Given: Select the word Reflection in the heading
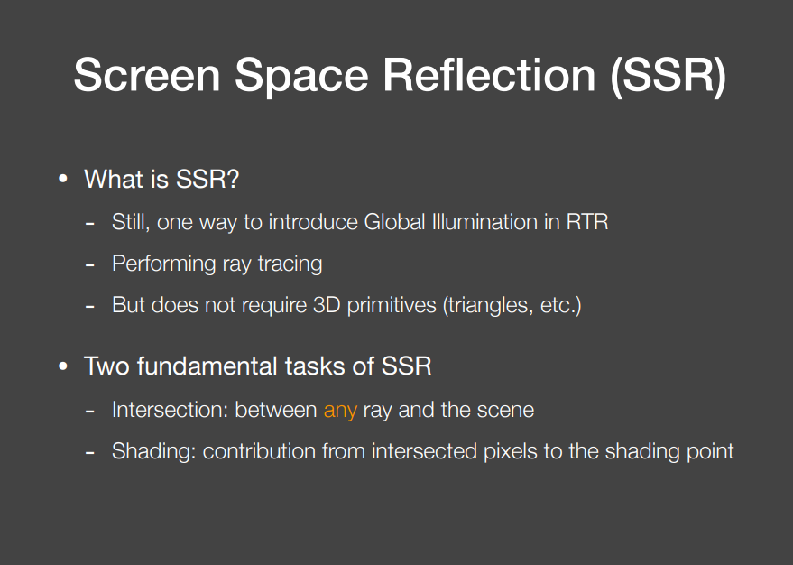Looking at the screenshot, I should [489, 75].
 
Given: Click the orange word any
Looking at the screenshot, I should [340, 411].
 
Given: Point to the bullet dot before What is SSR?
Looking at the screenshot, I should [63, 180].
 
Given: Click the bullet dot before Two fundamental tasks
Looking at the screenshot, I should [63, 366].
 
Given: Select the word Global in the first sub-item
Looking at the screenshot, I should [396, 222].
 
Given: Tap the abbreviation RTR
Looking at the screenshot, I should [586, 222].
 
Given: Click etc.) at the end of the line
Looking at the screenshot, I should [562, 305].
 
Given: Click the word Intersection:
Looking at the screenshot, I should [170, 411].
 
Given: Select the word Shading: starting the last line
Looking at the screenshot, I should [153, 451].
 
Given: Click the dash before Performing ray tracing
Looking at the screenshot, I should [90, 265].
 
